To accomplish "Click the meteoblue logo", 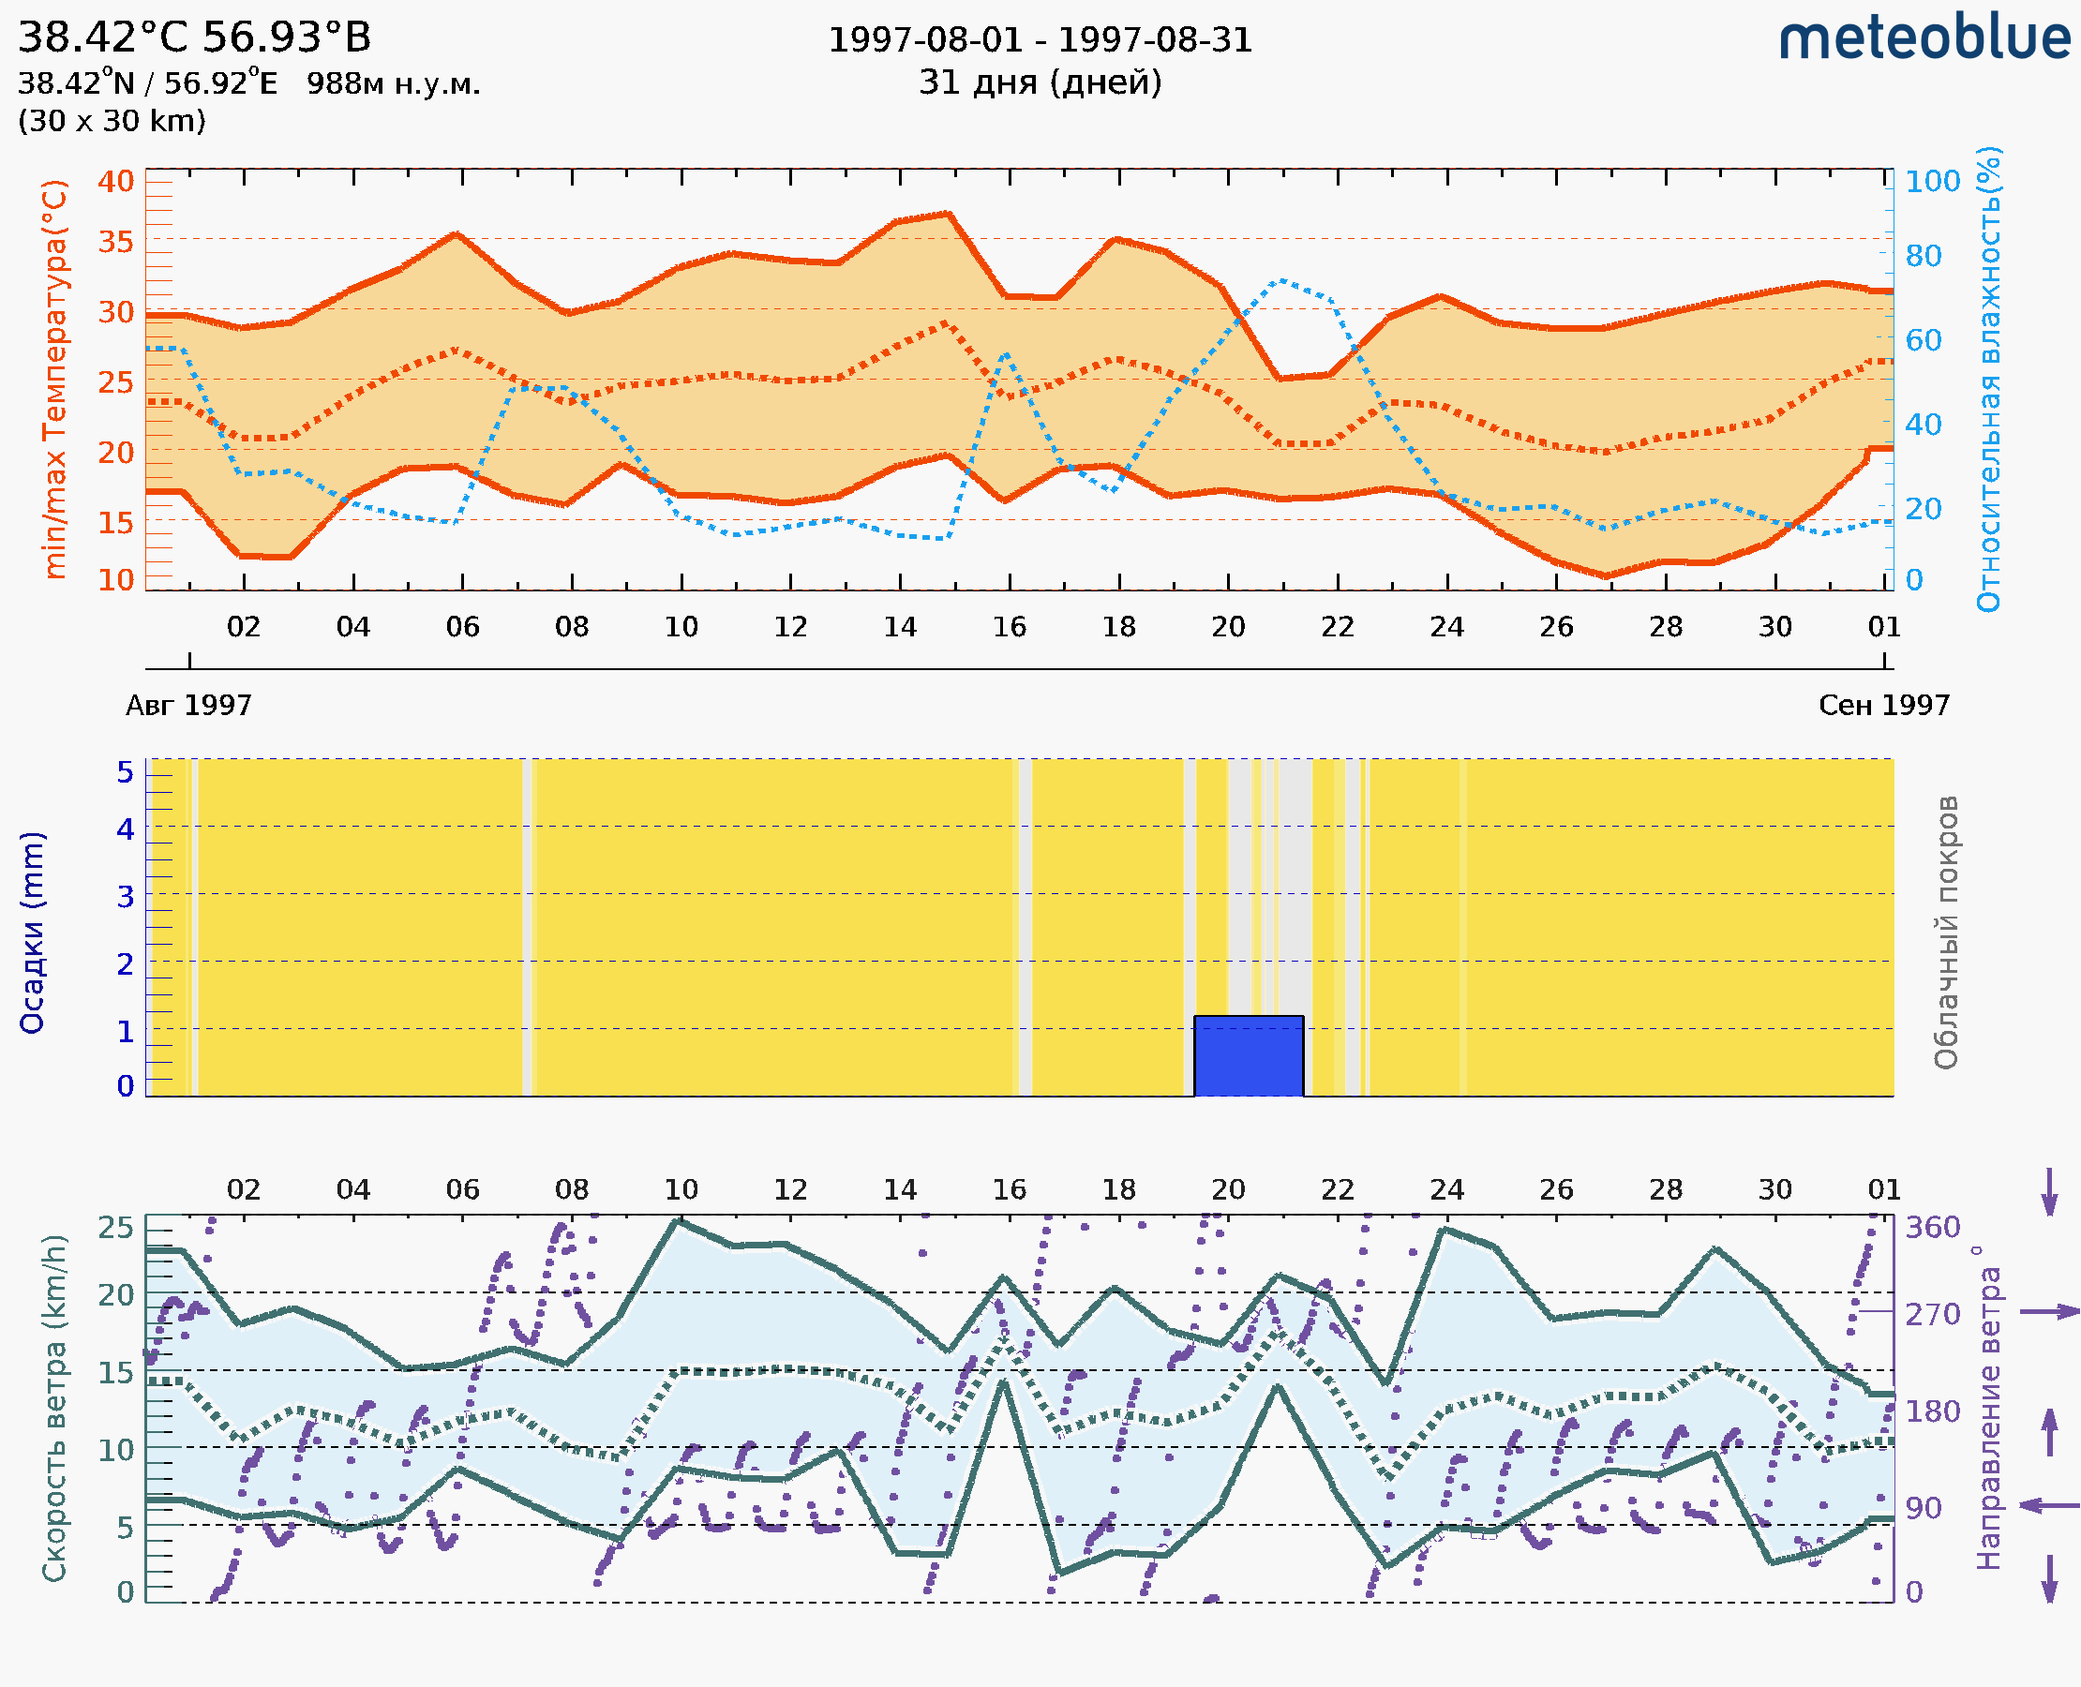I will click(1924, 38).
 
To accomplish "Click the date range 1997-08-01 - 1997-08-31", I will click(1040, 40).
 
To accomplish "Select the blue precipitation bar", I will click(1248, 1056).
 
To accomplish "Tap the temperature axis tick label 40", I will click(115, 182).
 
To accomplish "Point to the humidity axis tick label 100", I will click(1932, 182).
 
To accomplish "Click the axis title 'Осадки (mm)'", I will click(32, 933).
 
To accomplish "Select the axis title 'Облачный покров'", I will click(1946, 933).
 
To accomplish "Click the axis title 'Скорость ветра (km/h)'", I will click(54, 1408).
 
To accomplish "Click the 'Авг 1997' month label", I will click(188, 706).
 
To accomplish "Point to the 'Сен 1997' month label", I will click(1884, 706).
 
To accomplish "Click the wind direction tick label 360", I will click(1932, 1228).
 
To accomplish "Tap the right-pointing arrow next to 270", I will click(2049, 1312).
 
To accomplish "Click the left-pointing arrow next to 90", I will click(2049, 1506).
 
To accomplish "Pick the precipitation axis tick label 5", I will click(126, 772).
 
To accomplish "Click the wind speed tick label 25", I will click(115, 1228).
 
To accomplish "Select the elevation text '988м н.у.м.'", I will click(394, 84).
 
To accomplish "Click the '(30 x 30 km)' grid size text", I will click(112, 122).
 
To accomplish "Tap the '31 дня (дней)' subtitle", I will click(1040, 82).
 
